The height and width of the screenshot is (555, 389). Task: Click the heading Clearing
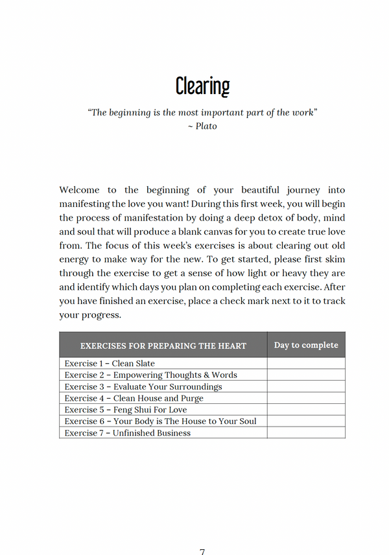pos(202,86)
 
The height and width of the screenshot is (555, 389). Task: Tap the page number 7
pos(202,551)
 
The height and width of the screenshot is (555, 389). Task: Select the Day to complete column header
pos(306,345)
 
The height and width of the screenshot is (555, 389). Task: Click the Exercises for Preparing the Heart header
pos(163,346)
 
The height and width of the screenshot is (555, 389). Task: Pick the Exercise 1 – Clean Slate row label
pos(110,364)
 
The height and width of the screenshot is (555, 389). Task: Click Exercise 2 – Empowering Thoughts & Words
pos(150,375)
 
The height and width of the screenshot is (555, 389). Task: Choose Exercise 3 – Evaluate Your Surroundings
pos(143,387)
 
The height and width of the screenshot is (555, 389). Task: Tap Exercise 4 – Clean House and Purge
pos(134,398)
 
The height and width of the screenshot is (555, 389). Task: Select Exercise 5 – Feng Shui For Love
pos(125,410)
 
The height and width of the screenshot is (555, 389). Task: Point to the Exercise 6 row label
pos(160,421)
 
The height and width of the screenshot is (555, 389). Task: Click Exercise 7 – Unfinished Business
pos(127,433)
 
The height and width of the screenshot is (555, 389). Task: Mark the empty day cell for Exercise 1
pos(306,364)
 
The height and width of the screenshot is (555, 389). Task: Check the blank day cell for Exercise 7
pos(306,433)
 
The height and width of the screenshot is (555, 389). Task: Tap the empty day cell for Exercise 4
pos(306,398)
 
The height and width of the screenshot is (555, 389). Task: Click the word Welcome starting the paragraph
pos(79,190)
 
